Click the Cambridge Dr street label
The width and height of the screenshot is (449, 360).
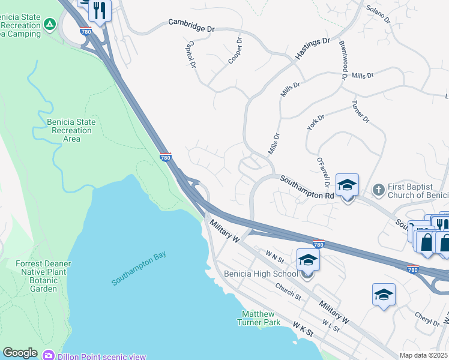point(191,25)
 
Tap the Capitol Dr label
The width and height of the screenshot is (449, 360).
point(192,53)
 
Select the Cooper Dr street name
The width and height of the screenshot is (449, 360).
point(235,51)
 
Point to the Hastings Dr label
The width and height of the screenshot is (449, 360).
point(313,48)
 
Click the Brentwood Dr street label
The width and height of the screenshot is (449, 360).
point(343,60)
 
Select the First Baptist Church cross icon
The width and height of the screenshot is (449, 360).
point(379,190)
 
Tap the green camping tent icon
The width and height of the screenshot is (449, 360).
point(50,24)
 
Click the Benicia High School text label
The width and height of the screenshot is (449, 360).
point(261,274)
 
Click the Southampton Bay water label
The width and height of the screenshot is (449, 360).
point(138,268)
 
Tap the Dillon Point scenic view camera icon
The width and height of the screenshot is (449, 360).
point(49,356)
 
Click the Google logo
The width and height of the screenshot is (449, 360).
point(20,353)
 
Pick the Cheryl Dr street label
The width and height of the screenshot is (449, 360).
point(427,318)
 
